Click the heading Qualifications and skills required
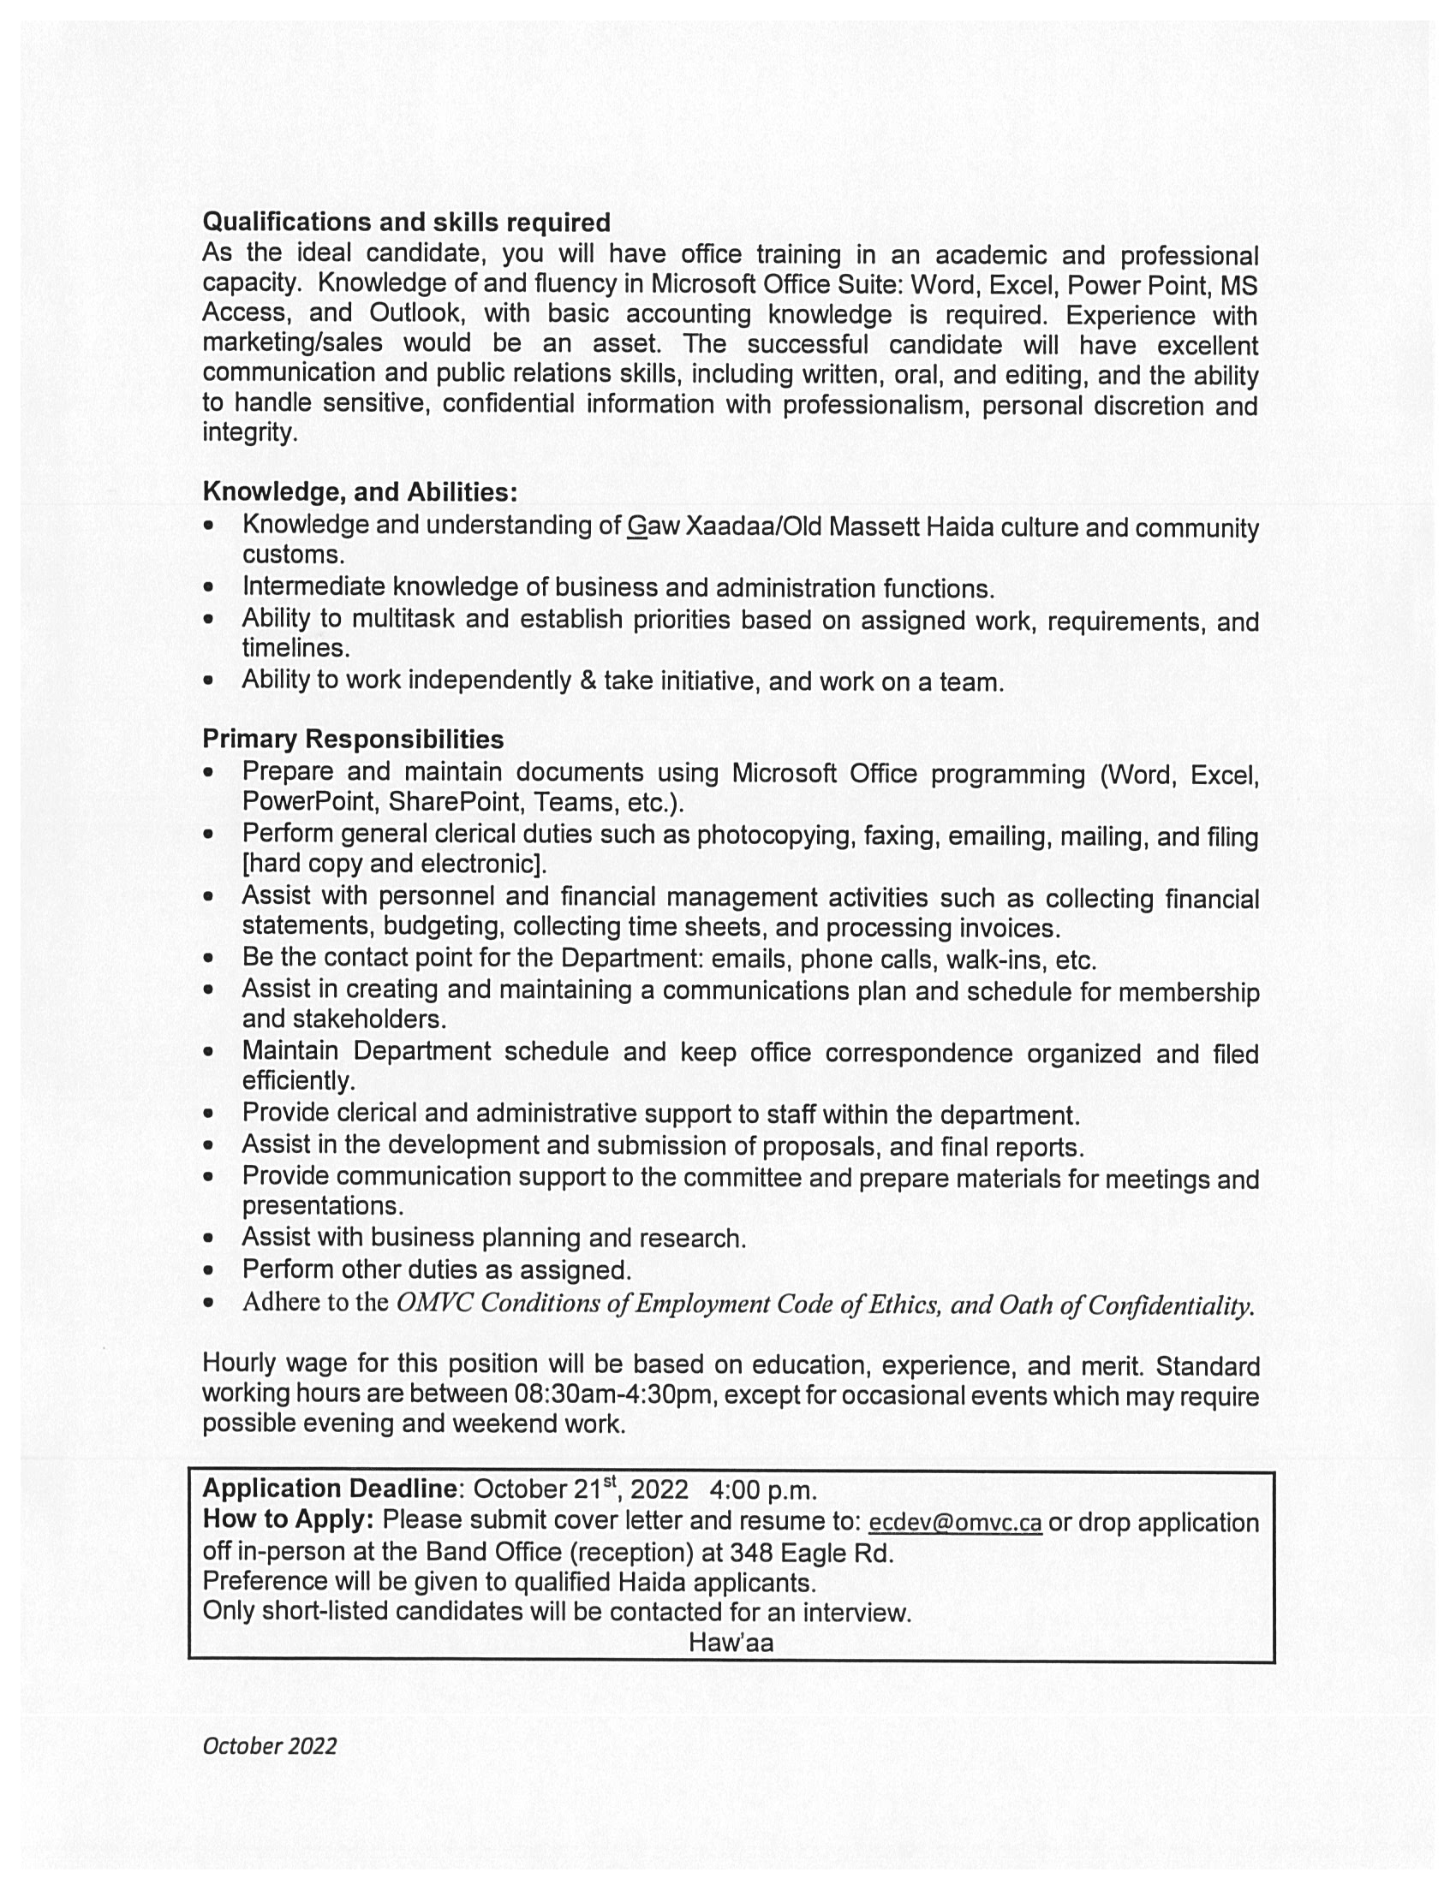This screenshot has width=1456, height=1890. [406, 223]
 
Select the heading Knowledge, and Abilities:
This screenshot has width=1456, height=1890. [360, 491]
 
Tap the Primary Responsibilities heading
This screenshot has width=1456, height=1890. [352, 739]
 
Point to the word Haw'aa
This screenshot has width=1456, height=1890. [731, 1643]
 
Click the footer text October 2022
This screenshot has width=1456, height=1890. [269, 1745]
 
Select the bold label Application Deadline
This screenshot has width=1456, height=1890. [329, 1489]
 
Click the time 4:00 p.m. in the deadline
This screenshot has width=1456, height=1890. [762, 1490]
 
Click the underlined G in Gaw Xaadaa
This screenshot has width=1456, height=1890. [637, 526]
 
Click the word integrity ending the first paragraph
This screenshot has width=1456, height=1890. [248, 431]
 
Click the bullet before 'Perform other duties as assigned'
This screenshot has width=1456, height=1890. [208, 1270]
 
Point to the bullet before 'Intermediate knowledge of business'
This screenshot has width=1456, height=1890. [208, 587]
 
